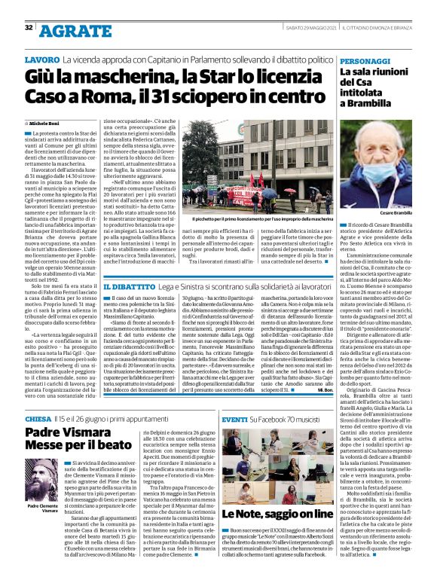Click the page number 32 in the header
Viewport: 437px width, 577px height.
click(x=29, y=29)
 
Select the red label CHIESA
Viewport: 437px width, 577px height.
click(x=38, y=418)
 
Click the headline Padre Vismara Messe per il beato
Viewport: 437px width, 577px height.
click(x=68, y=439)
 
